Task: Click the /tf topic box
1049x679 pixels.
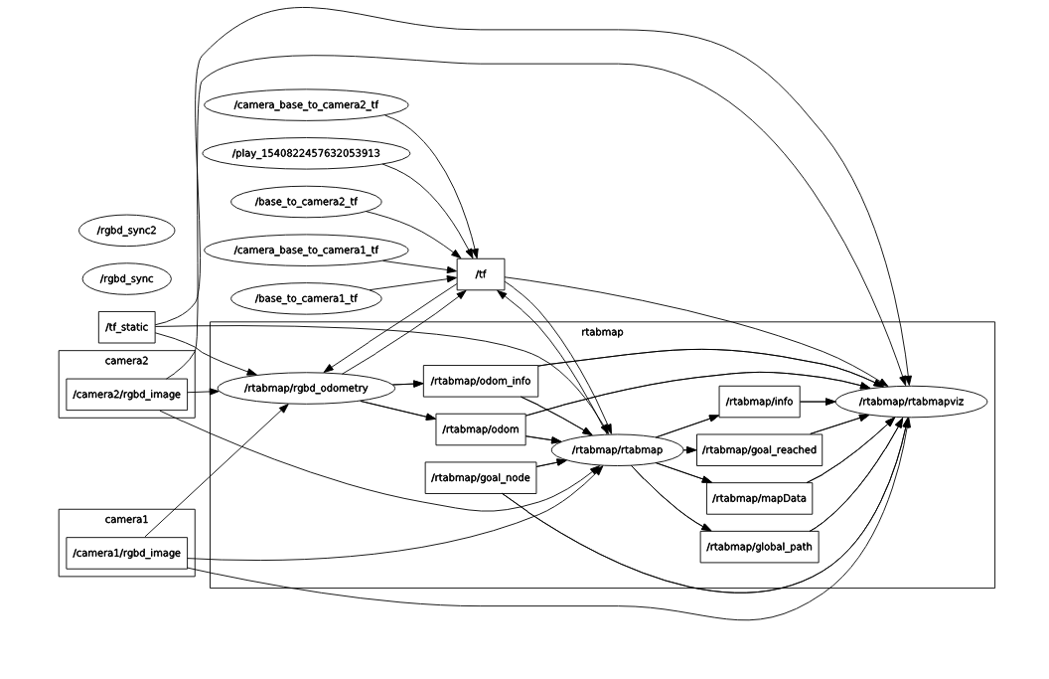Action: coord(481,274)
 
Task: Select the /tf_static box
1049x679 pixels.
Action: coord(127,326)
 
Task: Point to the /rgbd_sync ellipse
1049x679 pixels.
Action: coord(126,278)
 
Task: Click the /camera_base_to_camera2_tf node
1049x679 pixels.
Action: coord(306,104)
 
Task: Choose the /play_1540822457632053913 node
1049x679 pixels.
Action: coord(306,153)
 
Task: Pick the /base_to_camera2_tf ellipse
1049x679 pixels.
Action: coord(306,202)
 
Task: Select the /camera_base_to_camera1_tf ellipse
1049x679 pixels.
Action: coord(306,250)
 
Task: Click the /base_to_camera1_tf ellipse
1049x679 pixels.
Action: coord(306,297)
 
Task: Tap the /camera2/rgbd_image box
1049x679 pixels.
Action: coord(126,395)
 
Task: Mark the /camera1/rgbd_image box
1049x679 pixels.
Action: coord(126,553)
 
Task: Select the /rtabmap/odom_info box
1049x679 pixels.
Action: coord(481,381)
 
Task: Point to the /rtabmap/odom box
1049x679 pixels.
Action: coord(480,429)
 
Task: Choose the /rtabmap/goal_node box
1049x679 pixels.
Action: coord(480,477)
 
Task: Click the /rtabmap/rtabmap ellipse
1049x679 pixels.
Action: coord(617,450)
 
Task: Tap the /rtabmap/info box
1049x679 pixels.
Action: coord(759,402)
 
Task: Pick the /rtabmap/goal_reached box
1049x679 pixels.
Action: coord(759,449)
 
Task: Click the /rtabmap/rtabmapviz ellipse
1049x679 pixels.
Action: coord(912,402)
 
